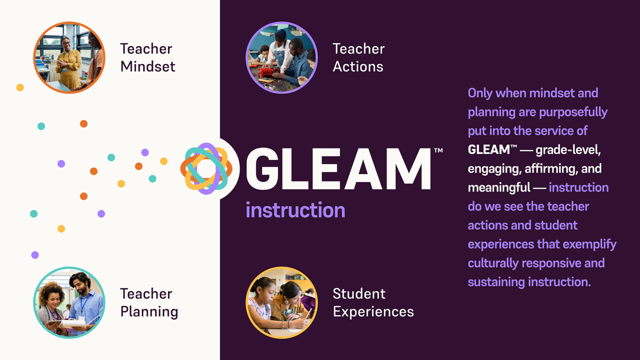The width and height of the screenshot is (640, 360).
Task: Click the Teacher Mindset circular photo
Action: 69,58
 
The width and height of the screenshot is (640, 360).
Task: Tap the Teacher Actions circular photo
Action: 282,58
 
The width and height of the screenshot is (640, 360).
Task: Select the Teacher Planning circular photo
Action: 69,302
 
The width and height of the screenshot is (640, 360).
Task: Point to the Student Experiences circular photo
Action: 282,302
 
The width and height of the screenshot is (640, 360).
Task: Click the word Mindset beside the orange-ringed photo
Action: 148,67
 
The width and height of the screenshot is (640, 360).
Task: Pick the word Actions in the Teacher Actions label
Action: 358,67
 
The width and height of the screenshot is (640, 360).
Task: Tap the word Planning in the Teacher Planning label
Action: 149,312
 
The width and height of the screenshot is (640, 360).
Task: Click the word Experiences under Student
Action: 373,312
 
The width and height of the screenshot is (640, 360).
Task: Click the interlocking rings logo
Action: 207,168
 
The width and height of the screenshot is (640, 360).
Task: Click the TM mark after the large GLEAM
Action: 438,151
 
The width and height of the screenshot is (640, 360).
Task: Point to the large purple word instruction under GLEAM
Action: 295,210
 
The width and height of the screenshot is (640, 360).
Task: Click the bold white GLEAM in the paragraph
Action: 489,150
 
